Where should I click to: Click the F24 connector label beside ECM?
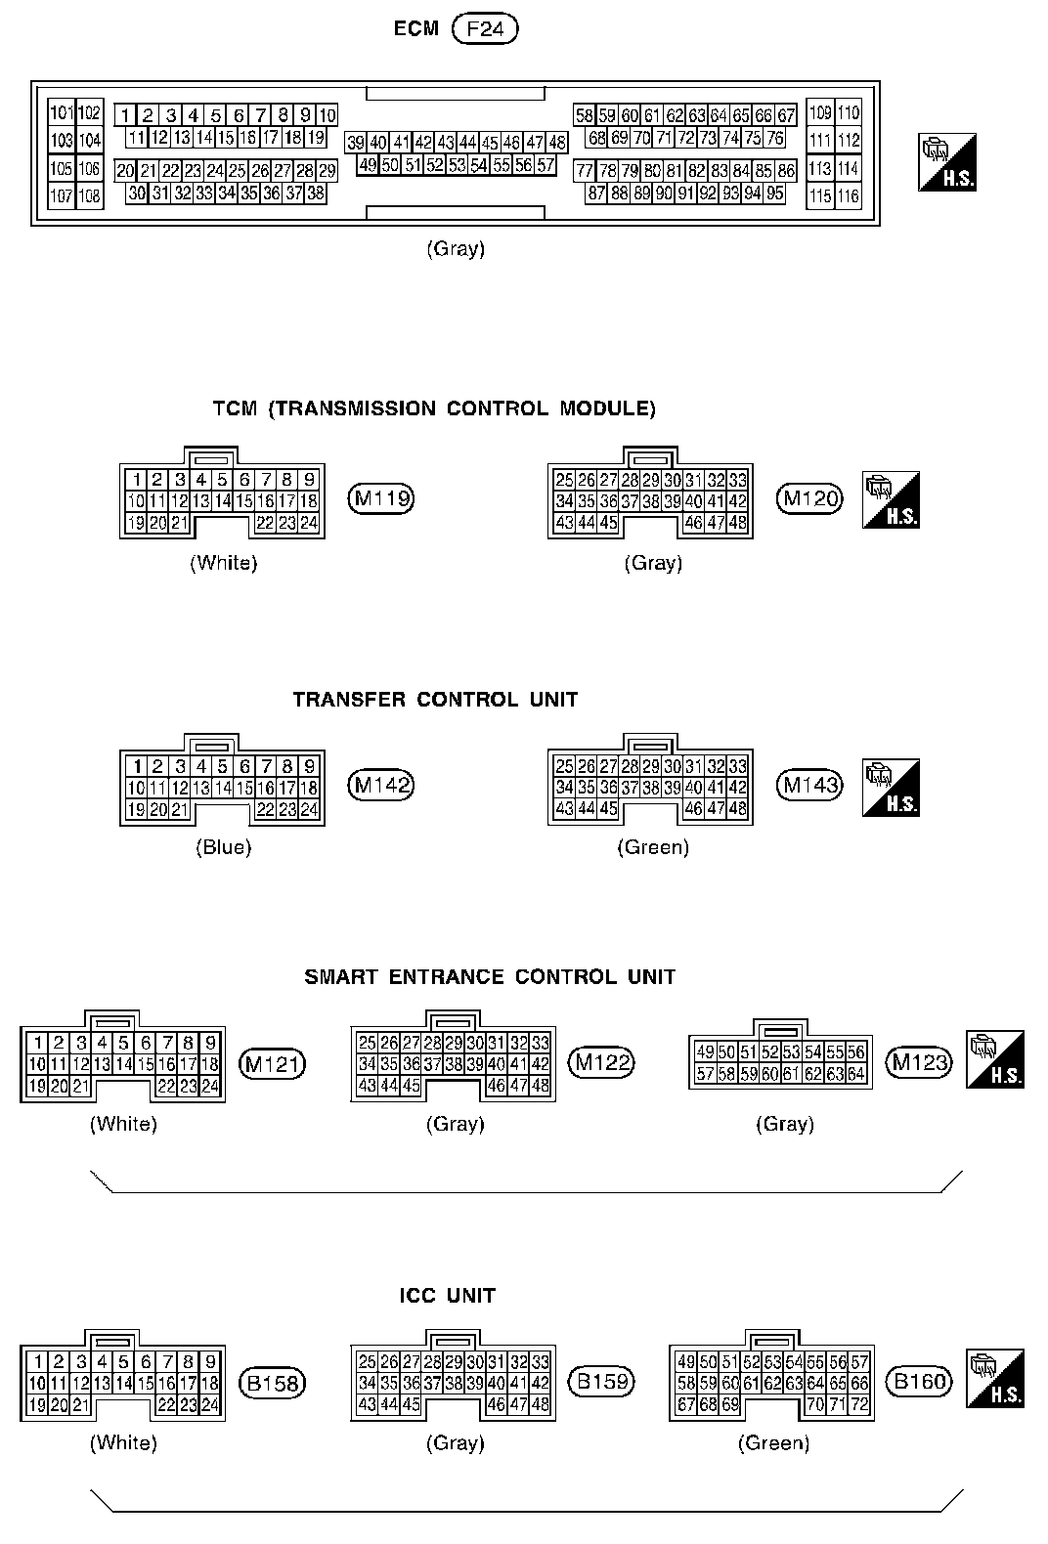pyautogui.click(x=485, y=29)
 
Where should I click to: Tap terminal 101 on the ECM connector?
pyautogui.click(x=62, y=112)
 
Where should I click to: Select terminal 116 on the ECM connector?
pyautogui.click(x=849, y=196)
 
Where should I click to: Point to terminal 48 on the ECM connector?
pyautogui.click(x=557, y=143)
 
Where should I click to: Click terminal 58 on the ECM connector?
pyautogui.click(x=585, y=115)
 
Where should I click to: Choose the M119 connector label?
pyautogui.click(x=381, y=499)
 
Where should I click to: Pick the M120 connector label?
pyautogui.click(x=809, y=499)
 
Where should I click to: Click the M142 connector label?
pyautogui.click(x=381, y=785)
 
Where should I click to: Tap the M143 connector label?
pyautogui.click(x=809, y=785)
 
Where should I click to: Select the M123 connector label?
pyautogui.click(x=920, y=1062)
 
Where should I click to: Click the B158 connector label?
pyautogui.click(x=273, y=1383)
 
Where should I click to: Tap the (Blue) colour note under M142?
pyautogui.click(x=223, y=848)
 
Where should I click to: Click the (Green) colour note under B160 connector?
pyautogui.click(x=773, y=1442)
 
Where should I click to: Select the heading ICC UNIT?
pyautogui.click(x=448, y=1296)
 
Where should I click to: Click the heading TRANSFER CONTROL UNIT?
pyautogui.click(x=435, y=700)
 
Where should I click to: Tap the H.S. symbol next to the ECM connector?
pyautogui.click(x=947, y=163)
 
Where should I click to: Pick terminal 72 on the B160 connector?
pyautogui.click(x=859, y=1404)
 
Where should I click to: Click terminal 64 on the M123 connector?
pyautogui.click(x=856, y=1074)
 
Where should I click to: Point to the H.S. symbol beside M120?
pyautogui.click(x=891, y=500)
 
